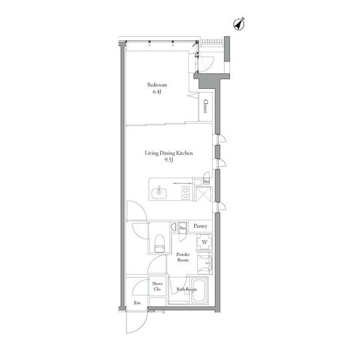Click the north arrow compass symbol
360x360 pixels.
[239, 24]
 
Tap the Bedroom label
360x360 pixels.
[157, 85]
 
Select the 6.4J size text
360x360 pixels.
[157, 92]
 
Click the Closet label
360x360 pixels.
[205, 106]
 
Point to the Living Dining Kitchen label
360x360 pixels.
[169, 153]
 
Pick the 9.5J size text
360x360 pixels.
[169, 160]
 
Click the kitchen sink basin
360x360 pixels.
[159, 192]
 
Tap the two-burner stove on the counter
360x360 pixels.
[185, 193]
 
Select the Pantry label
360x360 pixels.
[200, 226]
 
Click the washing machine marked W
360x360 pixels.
[204, 242]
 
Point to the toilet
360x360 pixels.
[159, 244]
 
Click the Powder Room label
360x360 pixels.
[183, 257]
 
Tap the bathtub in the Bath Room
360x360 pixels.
[198, 290]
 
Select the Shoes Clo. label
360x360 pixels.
[157, 286]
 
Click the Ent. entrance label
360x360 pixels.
[137, 303]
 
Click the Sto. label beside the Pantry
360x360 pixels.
[183, 228]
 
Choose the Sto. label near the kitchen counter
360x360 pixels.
[206, 181]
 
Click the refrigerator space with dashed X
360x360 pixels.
[203, 194]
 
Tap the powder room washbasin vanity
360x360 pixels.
[205, 263]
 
